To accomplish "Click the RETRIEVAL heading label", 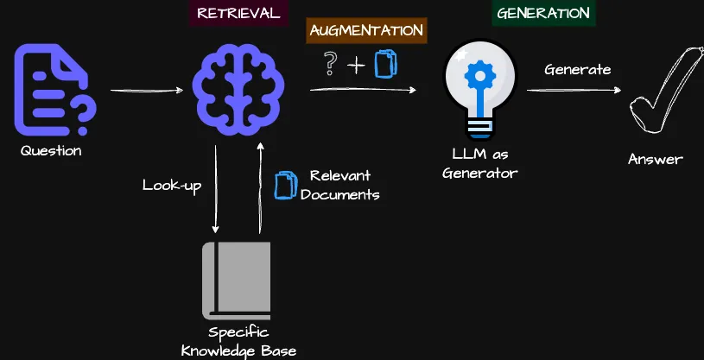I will pos(238,13).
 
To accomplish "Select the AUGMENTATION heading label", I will pos(366,30).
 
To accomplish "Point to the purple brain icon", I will pos(236,90).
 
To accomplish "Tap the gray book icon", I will pos(237,279).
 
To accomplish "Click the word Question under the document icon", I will pos(52,151).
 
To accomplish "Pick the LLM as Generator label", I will pos(479,163).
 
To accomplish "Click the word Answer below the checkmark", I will pos(655,159).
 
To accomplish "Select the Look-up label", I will pos(172,185).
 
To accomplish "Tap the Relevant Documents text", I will pos(339,184).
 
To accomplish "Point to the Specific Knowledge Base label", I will pos(238,341).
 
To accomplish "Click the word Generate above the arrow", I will pos(578,69).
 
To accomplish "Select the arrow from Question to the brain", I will pos(148,90).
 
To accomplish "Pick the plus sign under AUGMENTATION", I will pos(356,66).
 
